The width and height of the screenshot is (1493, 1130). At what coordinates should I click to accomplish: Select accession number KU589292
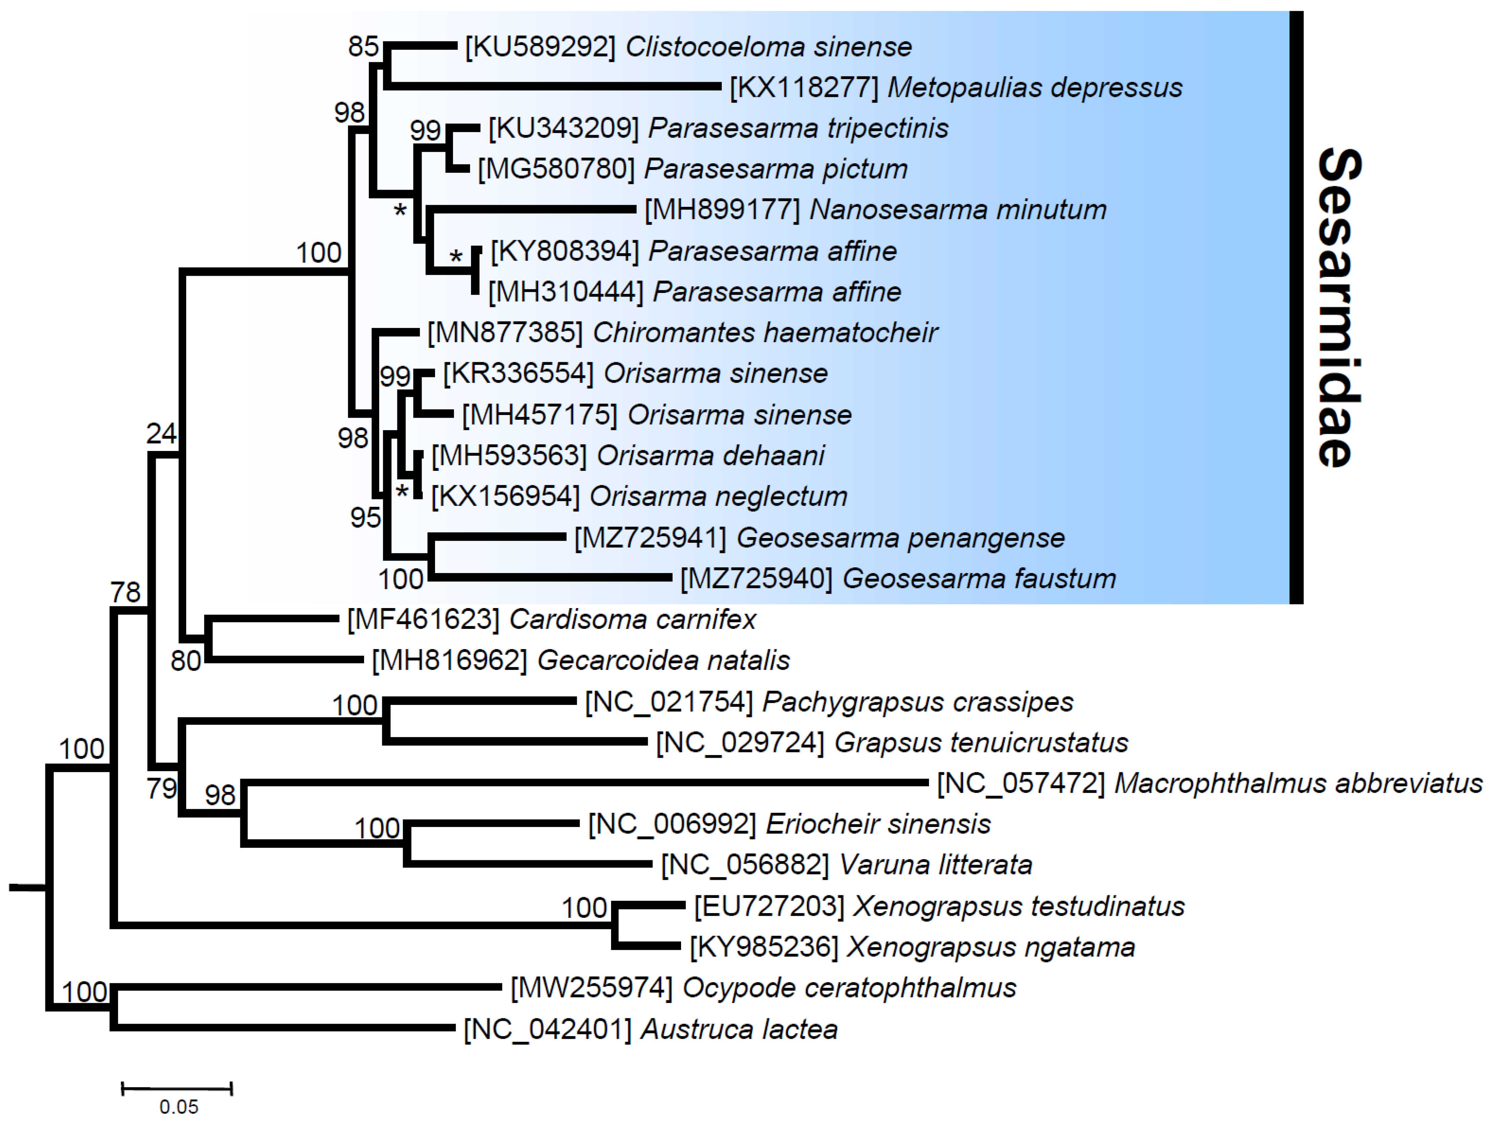(x=540, y=47)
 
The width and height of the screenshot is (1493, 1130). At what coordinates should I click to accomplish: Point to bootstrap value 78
(x=126, y=592)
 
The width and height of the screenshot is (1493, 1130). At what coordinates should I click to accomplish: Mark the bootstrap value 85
(x=363, y=46)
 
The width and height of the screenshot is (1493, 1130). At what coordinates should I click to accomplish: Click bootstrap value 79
(x=162, y=788)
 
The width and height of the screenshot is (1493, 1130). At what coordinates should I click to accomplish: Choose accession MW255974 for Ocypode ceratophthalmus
(x=591, y=988)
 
